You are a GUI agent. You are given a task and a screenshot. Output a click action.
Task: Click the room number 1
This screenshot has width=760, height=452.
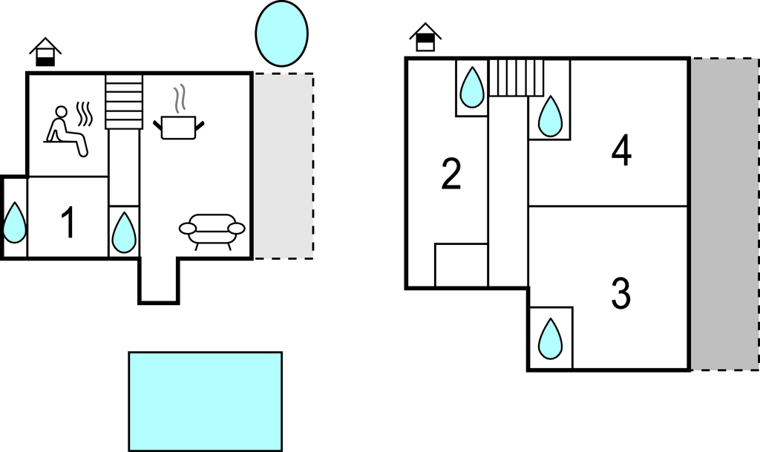[68, 223]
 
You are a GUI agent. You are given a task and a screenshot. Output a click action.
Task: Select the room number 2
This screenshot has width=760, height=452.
[451, 174]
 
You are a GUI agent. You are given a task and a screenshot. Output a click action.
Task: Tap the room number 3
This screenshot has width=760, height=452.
[620, 295]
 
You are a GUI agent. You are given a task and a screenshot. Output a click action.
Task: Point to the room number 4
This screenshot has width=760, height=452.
[621, 152]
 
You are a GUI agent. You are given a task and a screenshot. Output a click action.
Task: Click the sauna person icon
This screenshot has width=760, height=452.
[67, 131]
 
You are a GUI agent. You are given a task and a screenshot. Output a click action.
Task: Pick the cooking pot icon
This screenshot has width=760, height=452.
[178, 125]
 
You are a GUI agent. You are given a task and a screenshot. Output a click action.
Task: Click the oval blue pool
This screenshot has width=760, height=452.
[281, 33]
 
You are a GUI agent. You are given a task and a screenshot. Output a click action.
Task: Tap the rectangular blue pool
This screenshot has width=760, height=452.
[205, 401]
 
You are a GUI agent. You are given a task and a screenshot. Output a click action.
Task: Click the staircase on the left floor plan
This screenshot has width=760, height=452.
[124, 101]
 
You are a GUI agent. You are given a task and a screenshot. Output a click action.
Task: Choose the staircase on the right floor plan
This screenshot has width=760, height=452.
[517, 78]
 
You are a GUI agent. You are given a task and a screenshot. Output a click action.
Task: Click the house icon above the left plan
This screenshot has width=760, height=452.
[45, 52]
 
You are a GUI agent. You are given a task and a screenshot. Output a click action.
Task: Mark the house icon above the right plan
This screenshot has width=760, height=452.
[425, 37]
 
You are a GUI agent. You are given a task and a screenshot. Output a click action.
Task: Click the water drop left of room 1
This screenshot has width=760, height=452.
[14, 223]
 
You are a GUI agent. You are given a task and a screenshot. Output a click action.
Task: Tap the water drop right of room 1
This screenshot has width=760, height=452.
[124, 232]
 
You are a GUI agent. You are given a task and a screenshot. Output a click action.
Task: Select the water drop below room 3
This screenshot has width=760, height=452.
[550, 338]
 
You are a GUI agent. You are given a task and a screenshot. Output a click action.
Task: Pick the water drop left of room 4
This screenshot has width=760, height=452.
[550, 117]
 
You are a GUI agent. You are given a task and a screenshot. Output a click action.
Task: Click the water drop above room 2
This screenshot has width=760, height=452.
[471, 88]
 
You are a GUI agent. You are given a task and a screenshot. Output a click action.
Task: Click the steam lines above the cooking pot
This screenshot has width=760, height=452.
[179, 99]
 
